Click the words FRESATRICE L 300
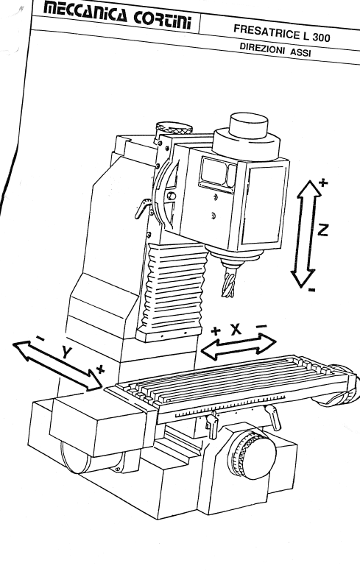[x=282, y=33]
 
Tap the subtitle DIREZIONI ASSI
[x=275, y=49]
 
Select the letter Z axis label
[x=322, y=230]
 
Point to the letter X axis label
[x=236, y=330]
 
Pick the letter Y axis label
[x=66, y=352]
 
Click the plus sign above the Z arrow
[x=322, y=183]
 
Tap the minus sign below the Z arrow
[x=311, y=290]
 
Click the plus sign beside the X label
[x=216, y=331]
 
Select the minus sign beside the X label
[x=261, y=326]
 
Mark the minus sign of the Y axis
[x=40, y=339]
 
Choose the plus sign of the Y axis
[x=100, y=369]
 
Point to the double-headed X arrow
[x=238, y=346]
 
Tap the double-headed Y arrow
[x=57, y=364]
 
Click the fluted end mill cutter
[x=229, y=283]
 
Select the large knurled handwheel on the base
[x=251, y=454]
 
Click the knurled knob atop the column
[x=174, y=129]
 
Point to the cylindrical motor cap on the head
[x=248, y=126]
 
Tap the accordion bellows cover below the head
[x=173, y=287]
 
